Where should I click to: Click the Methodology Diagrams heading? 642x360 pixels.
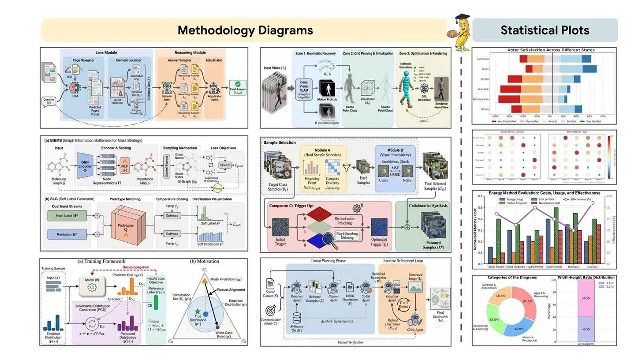pos(245,30)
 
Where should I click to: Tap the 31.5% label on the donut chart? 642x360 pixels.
pos(526,301)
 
